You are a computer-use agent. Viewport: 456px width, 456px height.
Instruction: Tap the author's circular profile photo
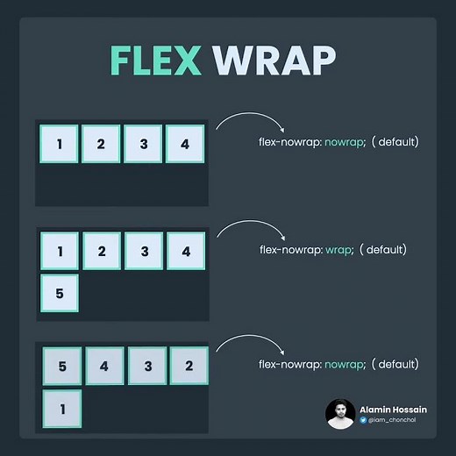[x=340, y=414]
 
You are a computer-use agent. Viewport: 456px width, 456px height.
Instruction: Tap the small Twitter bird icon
[x=363, y=421]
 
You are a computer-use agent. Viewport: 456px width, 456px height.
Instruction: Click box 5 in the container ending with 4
[x=60, y=294]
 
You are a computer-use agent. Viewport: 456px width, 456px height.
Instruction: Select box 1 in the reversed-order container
[x=61, y=409]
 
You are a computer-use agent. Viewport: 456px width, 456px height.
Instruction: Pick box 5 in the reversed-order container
[x=61, y=366]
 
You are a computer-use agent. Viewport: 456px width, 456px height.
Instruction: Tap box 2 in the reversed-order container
[x=189, y=366]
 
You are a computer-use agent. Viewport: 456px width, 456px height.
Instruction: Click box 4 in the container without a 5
[x=184, y=144]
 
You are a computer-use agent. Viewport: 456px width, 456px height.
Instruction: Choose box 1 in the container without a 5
[x=59, y=144]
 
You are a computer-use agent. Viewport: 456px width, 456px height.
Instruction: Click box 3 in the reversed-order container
[x=146, y=366]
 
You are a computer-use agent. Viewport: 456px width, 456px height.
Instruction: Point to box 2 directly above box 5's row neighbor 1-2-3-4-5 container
[x=102, y=251]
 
